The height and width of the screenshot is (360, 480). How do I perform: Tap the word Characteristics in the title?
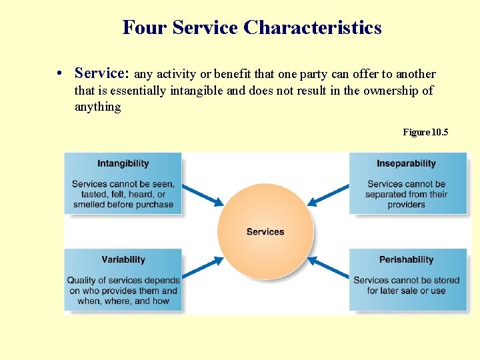pos(313,28)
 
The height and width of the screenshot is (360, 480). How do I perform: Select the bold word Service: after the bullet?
pos(103,73)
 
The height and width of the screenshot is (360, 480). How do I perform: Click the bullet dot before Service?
pos(60,74)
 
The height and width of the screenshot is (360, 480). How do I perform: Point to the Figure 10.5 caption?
pos(425,133)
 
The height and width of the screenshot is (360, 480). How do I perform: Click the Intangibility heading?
pos(123,163)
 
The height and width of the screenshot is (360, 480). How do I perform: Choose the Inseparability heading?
pos(406,163)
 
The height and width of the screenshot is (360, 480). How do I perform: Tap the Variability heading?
pos(123,259)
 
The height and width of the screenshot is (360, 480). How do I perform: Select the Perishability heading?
pos(406,259)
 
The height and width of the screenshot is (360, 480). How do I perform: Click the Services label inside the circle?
pos(265,232)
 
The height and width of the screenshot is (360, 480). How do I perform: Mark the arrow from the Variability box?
pos(203,268)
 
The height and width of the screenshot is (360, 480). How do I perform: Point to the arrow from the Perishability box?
pos(328,268)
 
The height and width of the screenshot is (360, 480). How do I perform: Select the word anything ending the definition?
pos(97,107)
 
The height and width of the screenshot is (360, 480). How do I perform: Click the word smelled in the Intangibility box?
pos(89,205)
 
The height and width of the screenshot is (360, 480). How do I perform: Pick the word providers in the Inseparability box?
pos(406,205)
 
